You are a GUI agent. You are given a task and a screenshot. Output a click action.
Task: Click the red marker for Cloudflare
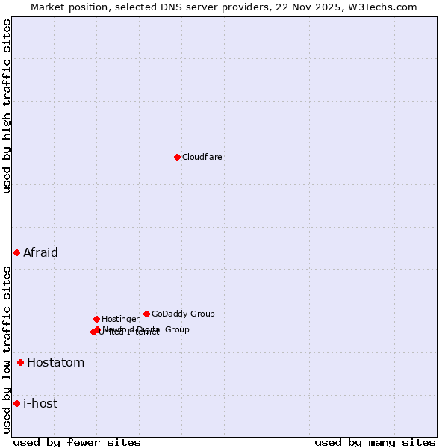click(177, 157)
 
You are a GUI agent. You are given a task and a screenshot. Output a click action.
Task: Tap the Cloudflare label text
click(202, 157)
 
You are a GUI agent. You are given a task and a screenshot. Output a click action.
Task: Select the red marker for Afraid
click(16, 252)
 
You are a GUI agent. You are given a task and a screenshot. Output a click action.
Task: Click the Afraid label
click(40, 252)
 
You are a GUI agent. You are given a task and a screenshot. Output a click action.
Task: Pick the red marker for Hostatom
click(20, 363)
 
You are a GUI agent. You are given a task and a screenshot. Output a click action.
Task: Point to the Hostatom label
click(56, 363)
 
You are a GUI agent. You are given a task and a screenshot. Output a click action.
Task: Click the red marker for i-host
click(16, 404)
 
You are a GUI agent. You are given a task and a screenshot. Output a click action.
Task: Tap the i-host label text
click(40, 404)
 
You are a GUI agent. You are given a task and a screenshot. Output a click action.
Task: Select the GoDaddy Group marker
click(146, 314)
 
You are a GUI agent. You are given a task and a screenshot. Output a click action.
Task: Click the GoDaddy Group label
click(183, 314)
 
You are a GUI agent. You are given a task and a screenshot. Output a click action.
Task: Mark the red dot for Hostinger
click(96, 319)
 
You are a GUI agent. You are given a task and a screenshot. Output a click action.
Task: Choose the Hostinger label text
click(120, 319)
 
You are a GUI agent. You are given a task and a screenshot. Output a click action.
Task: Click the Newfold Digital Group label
click(146, 329)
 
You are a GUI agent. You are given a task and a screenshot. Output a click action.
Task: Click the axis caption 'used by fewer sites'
click(77, 442)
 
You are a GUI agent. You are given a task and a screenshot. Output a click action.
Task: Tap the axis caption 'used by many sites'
click(375, 442)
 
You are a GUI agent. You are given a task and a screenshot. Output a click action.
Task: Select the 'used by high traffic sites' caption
click(7, 106)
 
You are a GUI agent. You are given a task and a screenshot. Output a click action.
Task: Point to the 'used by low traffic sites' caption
click(7, 349)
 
